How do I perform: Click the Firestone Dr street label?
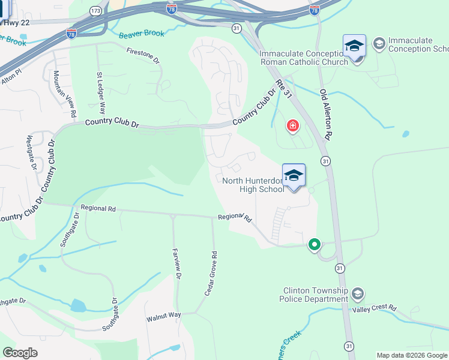143,56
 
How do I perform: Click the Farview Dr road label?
177,263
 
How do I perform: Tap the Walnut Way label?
164,316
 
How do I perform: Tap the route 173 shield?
95,11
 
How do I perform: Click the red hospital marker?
293,125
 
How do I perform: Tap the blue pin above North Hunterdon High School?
294,176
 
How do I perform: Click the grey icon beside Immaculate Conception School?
379,44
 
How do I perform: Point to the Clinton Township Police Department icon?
358,294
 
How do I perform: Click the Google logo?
20,353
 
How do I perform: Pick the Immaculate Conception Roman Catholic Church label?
303,58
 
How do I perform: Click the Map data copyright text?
412,355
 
